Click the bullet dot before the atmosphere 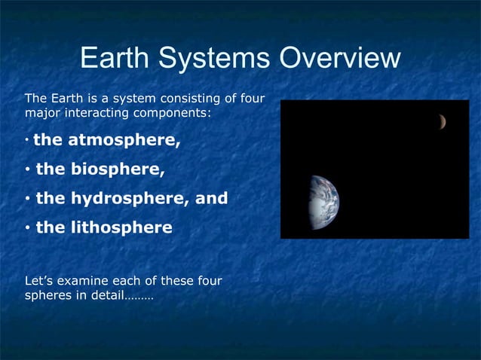coord(26,141)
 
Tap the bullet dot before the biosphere coord(27,170)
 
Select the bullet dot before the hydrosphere coord(27,200)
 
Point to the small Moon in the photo coord(442,121)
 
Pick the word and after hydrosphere coord(211,199)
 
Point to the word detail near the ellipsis coord(105,295)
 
